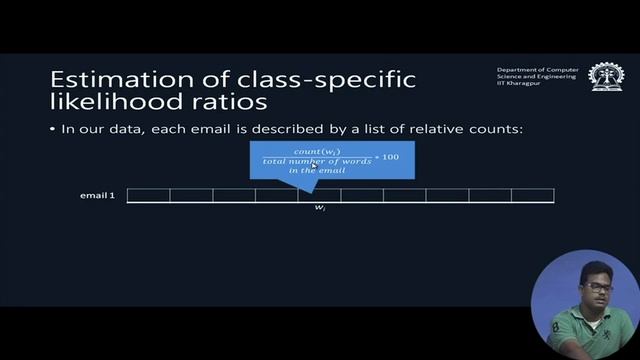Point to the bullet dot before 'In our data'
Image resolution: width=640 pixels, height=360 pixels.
pos(52,130)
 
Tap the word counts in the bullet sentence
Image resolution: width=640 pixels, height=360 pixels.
pos(502,130)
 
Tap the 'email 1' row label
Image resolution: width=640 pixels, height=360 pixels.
pos(97,195)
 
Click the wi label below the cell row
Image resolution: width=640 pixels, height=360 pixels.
pos(319,207)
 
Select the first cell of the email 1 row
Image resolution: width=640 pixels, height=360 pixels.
pos(148,195)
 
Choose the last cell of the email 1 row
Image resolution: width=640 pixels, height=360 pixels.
pos(532,195)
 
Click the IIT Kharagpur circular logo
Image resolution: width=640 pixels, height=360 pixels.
pos(605,77)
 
